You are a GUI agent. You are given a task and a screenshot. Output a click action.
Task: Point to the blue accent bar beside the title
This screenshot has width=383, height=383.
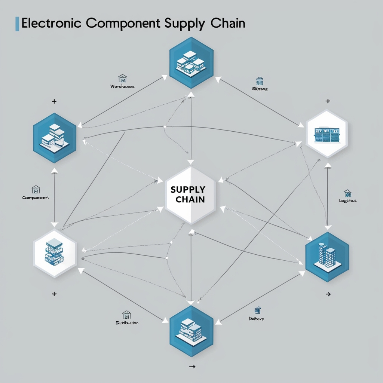coord(17,24)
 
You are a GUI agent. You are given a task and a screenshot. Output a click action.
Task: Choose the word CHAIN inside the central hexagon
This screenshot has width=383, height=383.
coord(190,199)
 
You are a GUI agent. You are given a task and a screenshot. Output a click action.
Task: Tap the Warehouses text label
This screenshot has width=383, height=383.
coord(122,86)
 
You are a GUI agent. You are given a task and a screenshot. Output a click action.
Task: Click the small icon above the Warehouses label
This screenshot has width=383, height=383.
coord(122,78)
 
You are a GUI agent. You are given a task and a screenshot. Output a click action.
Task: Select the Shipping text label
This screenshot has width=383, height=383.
coord(260,89)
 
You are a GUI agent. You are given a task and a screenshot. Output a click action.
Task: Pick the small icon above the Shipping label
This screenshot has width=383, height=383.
coord(260,81)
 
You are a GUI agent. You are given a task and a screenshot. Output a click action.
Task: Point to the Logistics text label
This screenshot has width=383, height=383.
coord(347,200)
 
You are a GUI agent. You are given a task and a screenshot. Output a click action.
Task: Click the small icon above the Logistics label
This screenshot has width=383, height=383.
coord(347,193)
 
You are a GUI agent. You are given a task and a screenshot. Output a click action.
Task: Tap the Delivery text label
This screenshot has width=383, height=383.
coord(257,319)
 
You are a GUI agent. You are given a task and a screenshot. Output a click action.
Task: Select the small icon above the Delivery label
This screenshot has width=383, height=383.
coord(257,310)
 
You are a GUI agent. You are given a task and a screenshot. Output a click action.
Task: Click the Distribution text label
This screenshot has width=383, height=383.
coord(127,322)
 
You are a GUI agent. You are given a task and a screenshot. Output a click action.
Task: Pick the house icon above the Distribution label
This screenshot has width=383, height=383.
coord(127,314)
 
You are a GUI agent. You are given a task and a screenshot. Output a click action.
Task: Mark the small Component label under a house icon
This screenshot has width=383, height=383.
coord(36,197)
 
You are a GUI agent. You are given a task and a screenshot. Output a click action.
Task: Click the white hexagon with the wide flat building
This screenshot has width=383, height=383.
coord(327,134)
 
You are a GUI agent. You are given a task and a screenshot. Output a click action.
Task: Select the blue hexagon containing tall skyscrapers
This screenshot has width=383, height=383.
coord(327,256)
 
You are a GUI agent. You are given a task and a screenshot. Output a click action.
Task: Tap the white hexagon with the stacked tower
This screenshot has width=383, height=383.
coord(55,253)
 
